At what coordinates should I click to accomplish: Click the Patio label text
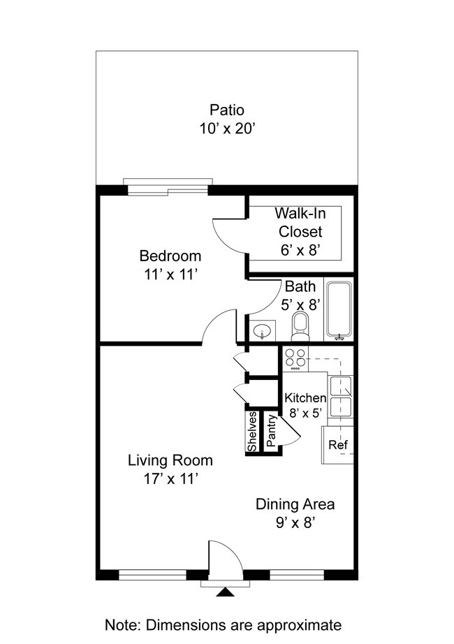pos(227,110)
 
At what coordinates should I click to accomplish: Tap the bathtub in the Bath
pos(340,311)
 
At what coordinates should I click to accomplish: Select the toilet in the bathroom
pos(300,325)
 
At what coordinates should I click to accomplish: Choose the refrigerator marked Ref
pos(337,445)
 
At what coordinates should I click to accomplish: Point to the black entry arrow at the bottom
pos(224,593)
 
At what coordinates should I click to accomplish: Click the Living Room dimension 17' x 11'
pos(170,479)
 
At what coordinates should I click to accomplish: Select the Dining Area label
pos(295,504)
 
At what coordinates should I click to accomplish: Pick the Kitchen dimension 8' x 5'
pos(305,413)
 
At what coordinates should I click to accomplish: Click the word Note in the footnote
pos(121,624)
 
